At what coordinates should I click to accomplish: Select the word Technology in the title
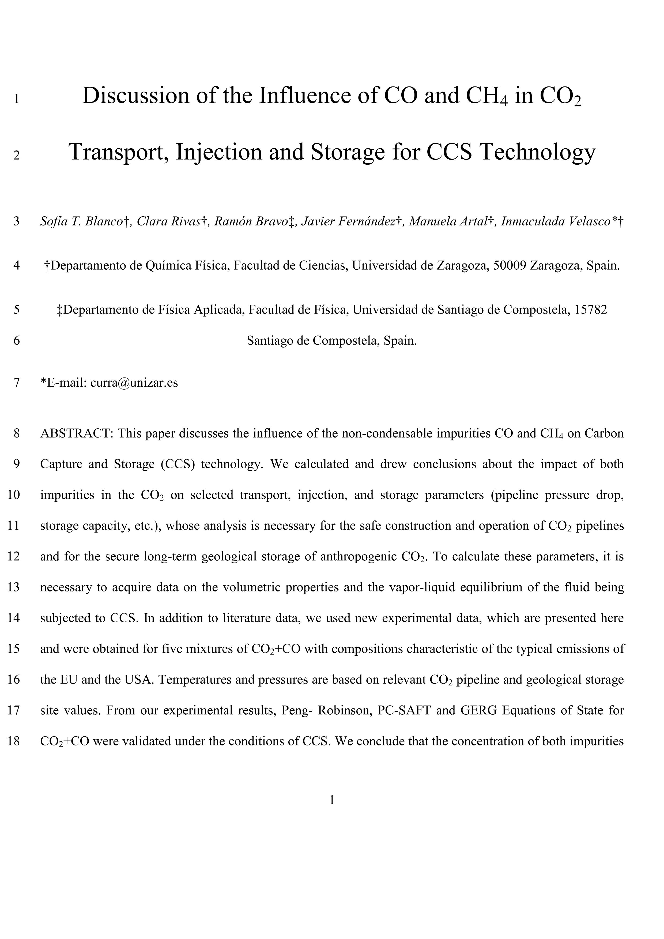[x=537, y=152]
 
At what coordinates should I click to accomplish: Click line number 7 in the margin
[x=16, y=383]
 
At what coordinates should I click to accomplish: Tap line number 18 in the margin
[x=14, y=741]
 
